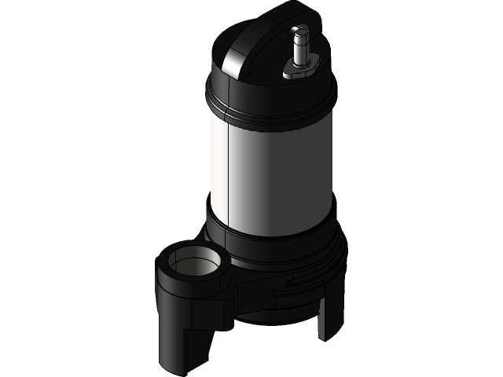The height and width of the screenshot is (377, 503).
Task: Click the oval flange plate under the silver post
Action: [299, 71]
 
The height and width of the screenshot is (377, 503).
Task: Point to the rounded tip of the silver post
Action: [299, 29]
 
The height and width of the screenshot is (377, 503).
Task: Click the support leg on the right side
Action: [331, 314]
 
